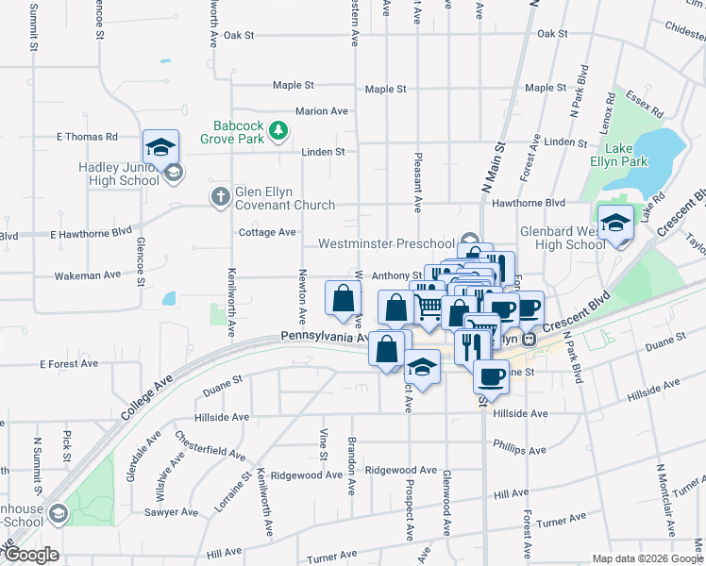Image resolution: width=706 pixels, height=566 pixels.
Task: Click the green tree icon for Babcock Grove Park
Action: pyautogui.click(x=278, y=130)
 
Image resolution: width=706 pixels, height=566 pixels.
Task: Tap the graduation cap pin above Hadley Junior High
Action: pyautogui.click(x=161, y=148)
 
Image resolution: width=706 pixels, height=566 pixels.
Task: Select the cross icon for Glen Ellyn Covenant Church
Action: pyautogui.click(x=219, y=196)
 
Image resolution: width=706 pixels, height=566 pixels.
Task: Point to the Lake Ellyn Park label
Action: pyautogui.click(x=626, y=155)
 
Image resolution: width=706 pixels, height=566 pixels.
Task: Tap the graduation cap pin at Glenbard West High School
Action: pyautogui.click(x=616, y=225)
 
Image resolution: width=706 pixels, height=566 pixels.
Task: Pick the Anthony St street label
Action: pyautogui.click(x=395, y=276)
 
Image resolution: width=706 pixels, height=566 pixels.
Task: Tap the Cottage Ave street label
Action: pyautogui.click(x=267, y=232)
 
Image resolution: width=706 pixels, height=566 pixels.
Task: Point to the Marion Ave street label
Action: pyautogui.click(x=321, y=111)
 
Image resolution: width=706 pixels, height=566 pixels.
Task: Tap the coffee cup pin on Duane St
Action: pyautogui.click(x=490, y=376)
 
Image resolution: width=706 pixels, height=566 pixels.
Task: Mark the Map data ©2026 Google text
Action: pyautogui.click(x=647, y=558)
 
